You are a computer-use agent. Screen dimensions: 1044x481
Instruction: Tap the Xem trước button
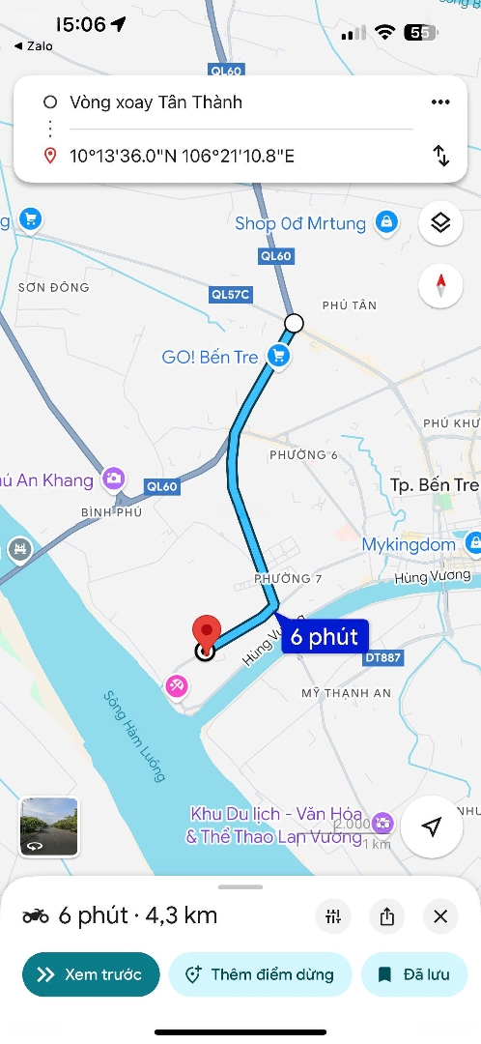point(89,974)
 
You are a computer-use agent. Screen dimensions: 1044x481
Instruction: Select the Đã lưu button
point(413,974)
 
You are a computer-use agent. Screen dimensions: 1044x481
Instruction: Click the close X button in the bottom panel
point(440,916)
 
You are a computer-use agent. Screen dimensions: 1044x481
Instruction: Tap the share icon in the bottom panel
point(387,916)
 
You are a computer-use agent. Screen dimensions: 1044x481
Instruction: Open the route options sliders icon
point(334,916)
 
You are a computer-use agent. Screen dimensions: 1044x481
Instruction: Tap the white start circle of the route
point(294,323)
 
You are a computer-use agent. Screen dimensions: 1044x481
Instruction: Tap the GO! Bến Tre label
point(210,357)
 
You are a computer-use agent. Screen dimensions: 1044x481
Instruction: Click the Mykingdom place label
point(409,544)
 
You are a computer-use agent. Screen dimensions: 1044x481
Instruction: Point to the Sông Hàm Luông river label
point(134,737)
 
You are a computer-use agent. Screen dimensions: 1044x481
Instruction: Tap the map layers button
point(440,223)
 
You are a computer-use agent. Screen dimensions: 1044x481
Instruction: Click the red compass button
point(440,286)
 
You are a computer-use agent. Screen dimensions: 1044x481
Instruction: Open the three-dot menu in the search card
point(440,102)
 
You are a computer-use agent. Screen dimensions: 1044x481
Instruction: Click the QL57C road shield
point(230,294)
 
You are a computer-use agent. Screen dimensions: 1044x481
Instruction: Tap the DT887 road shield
point(382,657)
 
